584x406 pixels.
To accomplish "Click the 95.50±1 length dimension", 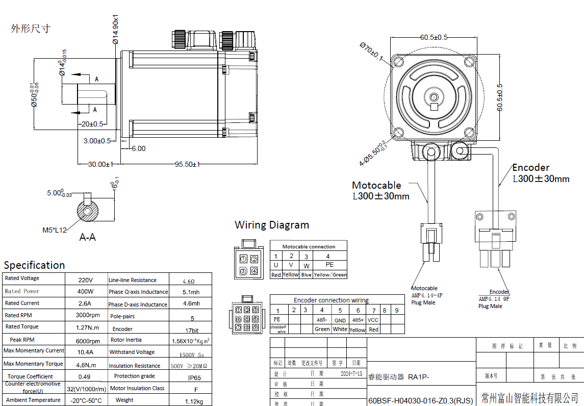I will click(x=187, y=164).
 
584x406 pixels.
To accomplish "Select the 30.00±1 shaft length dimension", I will click(x=100, y=164).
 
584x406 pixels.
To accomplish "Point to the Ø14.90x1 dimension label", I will click(x=116, y=29).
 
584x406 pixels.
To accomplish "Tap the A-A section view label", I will click(x=87, y=237).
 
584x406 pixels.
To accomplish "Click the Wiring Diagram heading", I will click(x=271, y=225).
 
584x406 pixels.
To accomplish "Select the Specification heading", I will click(x=34, y=265).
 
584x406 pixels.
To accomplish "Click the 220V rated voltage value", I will click(x=85, y=280).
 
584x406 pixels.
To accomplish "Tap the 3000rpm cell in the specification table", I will click(x=88, y=315).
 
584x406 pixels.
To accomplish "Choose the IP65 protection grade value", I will click(x=194, y=378).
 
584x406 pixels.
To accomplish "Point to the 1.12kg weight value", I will click(x=194, y=401).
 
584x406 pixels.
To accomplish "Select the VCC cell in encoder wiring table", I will click(x=373, y=320).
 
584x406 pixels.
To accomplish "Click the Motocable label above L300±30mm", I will click(x=376, y=185).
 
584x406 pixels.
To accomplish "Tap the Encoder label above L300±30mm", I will click(x=530, y=168).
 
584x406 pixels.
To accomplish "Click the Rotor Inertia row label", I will click(x=126, y=340).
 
